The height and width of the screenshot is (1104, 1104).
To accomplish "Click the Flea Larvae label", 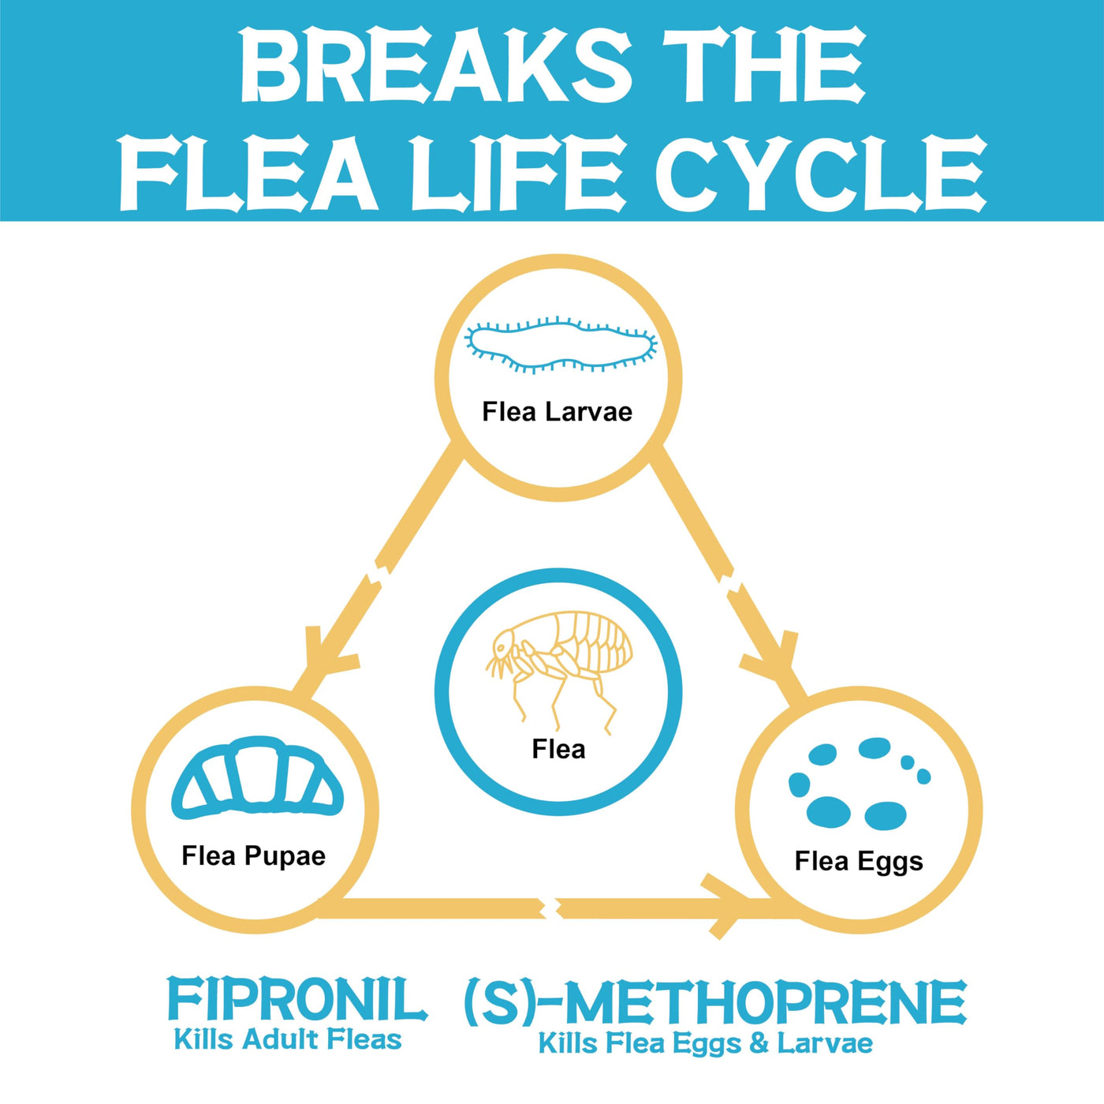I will pyautogui.click(x=557, y=412).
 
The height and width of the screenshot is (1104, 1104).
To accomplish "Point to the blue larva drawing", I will pyautogui.click(x=561, y=345).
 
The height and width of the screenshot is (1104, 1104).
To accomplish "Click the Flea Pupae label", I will pyautogui.click(x=253, y=856).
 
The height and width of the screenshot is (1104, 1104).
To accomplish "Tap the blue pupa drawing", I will pyautogui.click(x=257, y=777).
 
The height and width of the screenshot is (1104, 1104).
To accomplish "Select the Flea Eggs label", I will pyautogui.click(x=859, y=861).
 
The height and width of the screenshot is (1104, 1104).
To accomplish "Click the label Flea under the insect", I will pyautogui.click(x=558, y=749).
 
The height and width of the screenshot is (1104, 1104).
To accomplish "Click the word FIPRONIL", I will pyautogui.click(x=297, y=1000).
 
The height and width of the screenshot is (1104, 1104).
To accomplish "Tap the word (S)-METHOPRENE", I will pyautogui.click(x=714, y=1003).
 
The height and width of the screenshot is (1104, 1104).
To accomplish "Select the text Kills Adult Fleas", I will pyautogui.click(x=288, y=1040).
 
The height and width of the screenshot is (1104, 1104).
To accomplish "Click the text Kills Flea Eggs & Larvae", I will pyautogui.click(x=705, y=1043).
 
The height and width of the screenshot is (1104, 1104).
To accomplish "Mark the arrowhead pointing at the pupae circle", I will pyautogui.click(x=323, y=659).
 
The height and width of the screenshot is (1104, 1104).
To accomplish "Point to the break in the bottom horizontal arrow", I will pyautogui.click(x=552, y=908).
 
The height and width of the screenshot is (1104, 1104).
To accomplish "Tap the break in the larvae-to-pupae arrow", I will pyautogui.click(x=378, y=574).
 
